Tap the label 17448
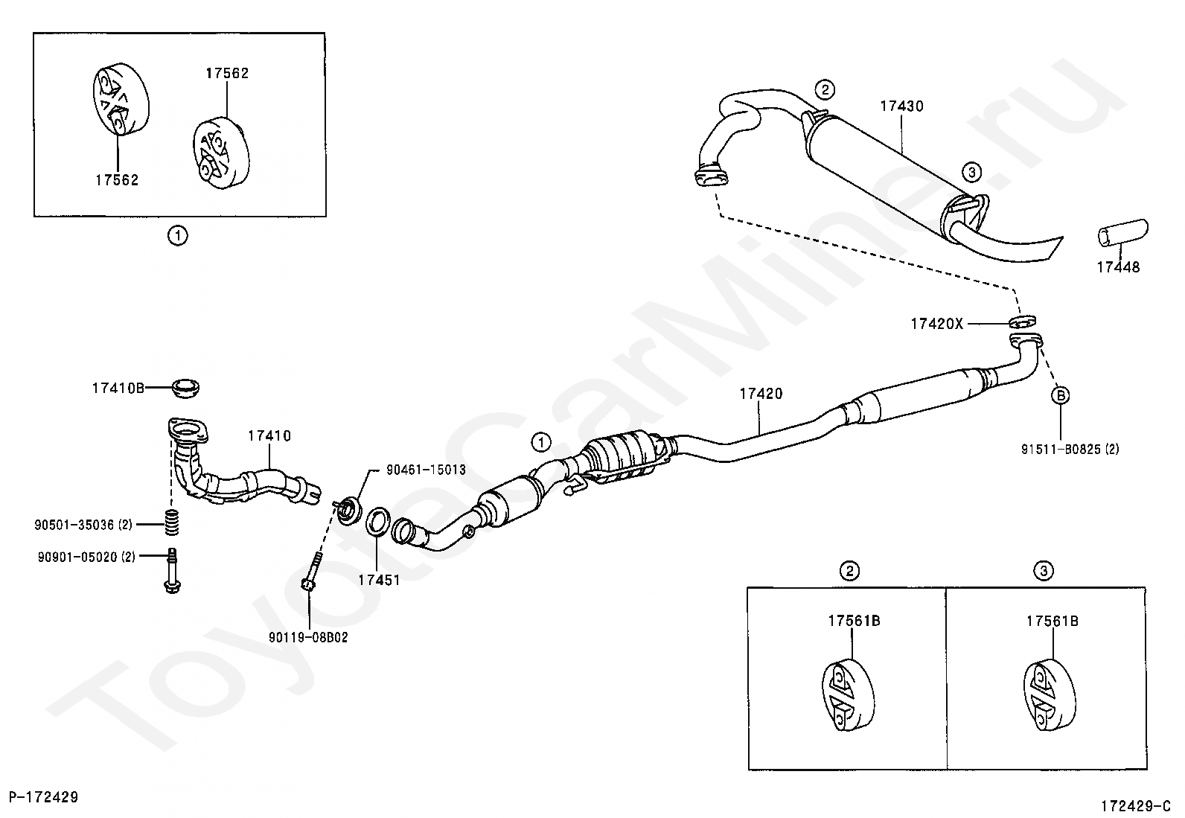pyautogui.click(x=1117, y=266)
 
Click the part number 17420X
pyautogui.click(x=936, y=324)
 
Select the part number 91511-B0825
pyautogui.click(x=1070, y=449)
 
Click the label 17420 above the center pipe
pyautogui.click(x=761, y=394)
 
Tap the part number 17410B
pyautogui.click(x=118, y=388)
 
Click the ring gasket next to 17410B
pyautogui.click(x=185, y=388)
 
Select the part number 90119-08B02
pyautogui.click(x=308, y=637)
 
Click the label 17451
pyautogui.click(x=379, y=579)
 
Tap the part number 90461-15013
pyautogui.click(x=425, y=470)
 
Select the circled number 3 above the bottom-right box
pyautogui.click(x=1043, y=571)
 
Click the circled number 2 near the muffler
pyautogui.click(x=824, y=90)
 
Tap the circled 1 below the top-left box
pyautogui.click(x=177, y=237)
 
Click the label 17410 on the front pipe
pyautogui.click(x=269, y=435)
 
